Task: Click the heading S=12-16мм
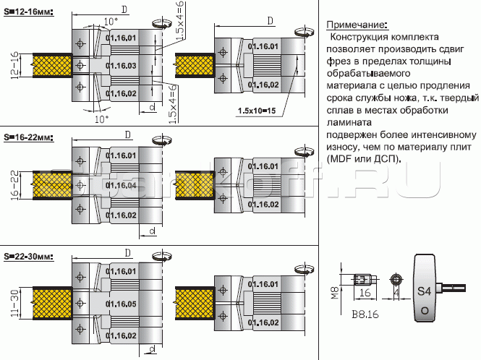(28, 11)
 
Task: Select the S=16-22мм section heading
(28, 134)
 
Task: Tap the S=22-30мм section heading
(28, 256)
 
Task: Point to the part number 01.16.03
(121, 66)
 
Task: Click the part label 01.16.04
(121, 185)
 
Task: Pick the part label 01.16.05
(121, 304)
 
